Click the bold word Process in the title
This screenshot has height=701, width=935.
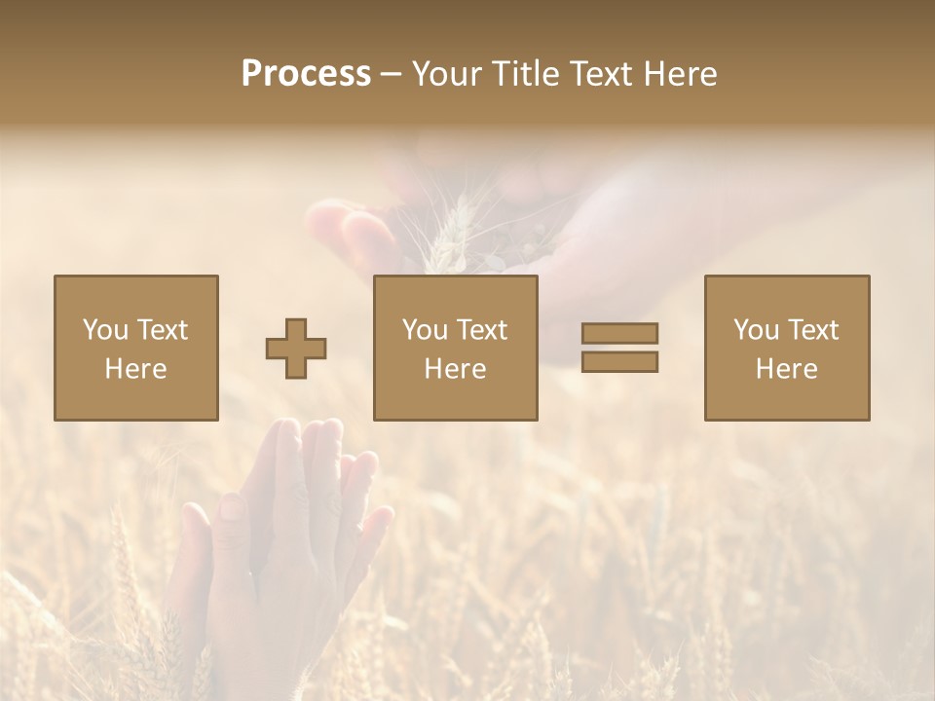(306, 74)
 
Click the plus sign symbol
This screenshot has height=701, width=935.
(296, 349)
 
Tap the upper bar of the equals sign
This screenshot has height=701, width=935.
(619, 333)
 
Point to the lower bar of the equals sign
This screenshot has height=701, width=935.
(619, 362)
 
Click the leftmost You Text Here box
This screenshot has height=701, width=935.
(136, 348)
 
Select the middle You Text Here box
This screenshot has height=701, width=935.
(456, 348)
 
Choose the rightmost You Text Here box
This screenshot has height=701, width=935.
(787, 348)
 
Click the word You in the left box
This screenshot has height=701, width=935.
(105, 330)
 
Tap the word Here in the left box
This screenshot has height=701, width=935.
(136, 369)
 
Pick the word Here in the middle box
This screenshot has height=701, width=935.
(456, 369)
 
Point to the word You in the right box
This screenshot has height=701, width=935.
(756, 330)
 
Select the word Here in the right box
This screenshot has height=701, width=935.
(787, 369)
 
